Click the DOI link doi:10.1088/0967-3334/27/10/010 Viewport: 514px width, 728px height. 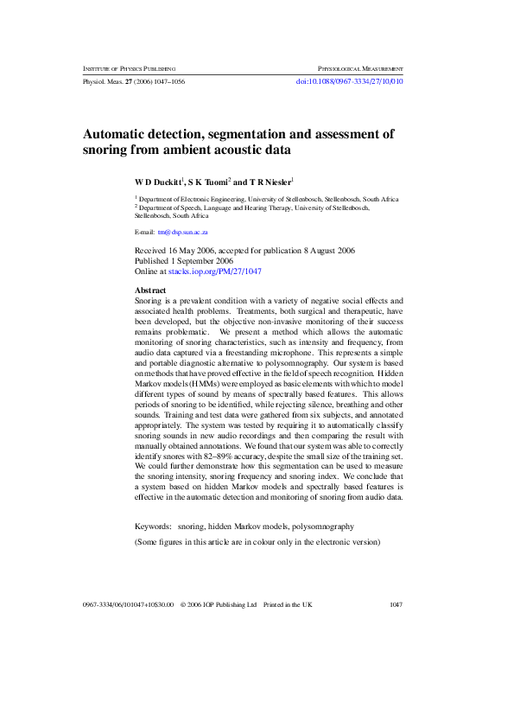(349, 81)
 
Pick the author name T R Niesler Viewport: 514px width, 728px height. (270, 182)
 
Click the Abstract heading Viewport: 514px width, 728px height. (151, 290)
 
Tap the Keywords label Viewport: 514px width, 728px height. (153, 526)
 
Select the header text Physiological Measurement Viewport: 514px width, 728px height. (360, 67)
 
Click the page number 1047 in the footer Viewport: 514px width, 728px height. (396, 605)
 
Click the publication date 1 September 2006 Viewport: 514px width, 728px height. (203, 260)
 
